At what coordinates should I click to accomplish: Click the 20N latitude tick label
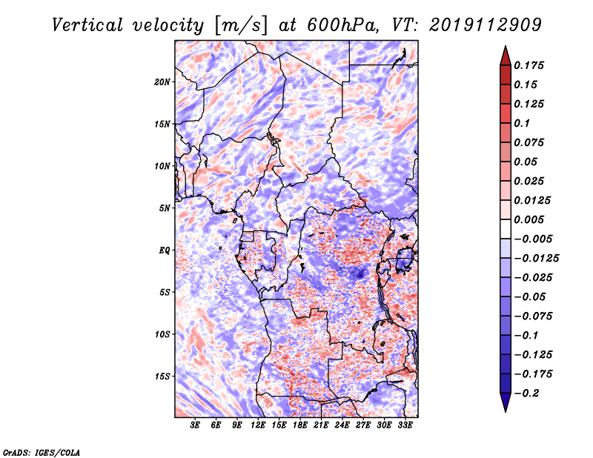(162, 82)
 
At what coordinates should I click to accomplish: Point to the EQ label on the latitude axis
(164, 250)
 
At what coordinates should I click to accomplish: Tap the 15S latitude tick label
(162, 376)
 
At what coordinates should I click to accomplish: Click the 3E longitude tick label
(196, 426)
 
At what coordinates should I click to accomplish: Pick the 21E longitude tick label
(321, 426)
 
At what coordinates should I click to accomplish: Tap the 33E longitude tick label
(405, 426)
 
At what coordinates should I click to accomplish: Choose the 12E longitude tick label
(258, 426)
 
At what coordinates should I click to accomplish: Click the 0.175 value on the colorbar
(530, 65)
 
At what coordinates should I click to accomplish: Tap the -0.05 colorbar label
(530, 296)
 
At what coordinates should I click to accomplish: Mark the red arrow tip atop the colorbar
(504, 50)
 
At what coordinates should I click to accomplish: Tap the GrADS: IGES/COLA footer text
(41, 451)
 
